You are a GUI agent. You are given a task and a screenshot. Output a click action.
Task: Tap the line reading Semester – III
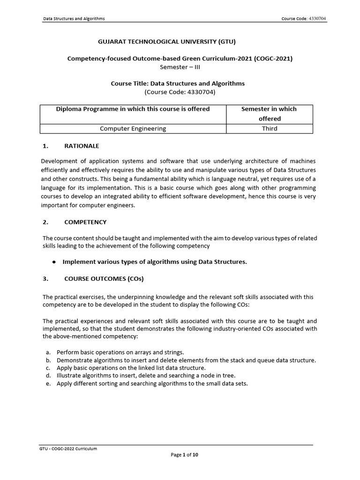pyautogui.click(x=180, y=67)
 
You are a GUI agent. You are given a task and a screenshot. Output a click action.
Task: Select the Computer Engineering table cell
pyautogui.click(x=133, y=128)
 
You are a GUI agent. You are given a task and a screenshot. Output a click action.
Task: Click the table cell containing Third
pyautogui.click(x=269, y=128)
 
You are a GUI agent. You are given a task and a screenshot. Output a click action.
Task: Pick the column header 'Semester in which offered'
pyautogui.click(x=269, y=114)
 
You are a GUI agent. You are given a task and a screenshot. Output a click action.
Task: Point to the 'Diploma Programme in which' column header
pyautogui.click(x=133, y=109)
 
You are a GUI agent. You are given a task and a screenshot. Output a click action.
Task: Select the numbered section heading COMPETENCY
pyautogui.click(x=85, y=222)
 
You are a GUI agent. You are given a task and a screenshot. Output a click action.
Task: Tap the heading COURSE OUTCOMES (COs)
pyautogui.click(x=104, y=279)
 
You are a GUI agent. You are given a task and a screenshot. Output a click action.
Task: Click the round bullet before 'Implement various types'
pyautogui.click(x=54, y=262)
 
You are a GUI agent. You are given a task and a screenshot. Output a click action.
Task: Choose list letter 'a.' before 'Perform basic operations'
pyautogui.click(x=48, y=352)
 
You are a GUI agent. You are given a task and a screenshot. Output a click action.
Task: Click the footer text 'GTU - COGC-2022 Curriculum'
pyautogui.click(x=68, y=449)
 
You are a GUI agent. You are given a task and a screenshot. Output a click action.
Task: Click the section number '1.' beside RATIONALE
pyautogui.click(x=45, y=146)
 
